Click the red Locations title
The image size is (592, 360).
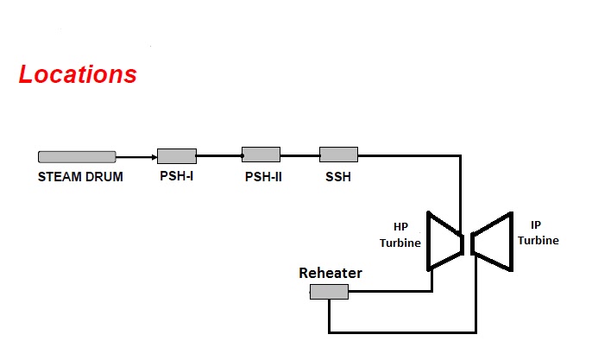[78, 74]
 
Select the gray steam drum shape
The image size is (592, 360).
[77, 156]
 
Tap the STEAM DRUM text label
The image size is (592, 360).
[80, 178]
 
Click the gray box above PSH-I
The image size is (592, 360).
[176, 156]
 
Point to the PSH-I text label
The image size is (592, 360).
[177, 178]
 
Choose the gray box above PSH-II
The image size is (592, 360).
[261, 155]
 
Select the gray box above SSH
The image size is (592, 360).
[338, 155]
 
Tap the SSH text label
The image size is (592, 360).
[337, 178]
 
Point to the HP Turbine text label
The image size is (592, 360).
[400, 235]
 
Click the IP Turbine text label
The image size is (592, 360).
[538, 233]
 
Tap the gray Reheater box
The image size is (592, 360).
[329, 292]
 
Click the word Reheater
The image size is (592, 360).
[331, 274]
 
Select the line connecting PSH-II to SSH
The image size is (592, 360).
[299, 156]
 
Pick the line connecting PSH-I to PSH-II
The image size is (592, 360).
[219, 156]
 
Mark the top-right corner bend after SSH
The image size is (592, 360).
[460, 156]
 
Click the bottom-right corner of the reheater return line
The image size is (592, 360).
[475, 332]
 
